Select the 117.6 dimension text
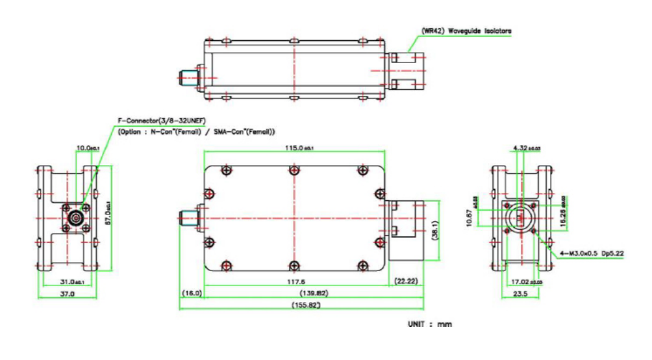pos(295,282)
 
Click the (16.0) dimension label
pos(193,294)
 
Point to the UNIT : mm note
pos(429,323)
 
